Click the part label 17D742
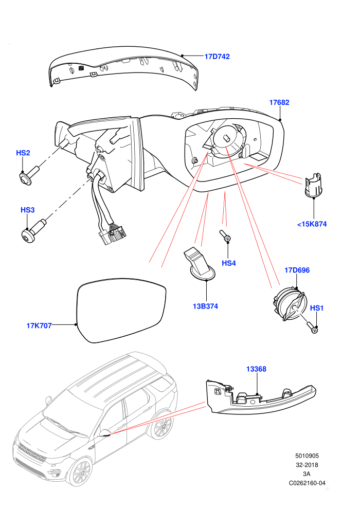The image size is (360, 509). point(217,57)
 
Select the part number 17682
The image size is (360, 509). point(279,102)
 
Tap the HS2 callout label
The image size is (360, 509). point(23,153)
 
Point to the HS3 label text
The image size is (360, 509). point(28,210)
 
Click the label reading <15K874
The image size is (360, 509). point(312,224)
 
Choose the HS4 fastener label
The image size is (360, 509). point(228,263)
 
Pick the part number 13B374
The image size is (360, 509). point(206,306)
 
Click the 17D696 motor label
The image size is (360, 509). point(297,270)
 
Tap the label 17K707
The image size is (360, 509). point(39,325)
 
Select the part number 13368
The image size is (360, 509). point(256,369)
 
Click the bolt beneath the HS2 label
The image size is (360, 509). point(29,175)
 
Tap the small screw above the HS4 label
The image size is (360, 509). point(225,235)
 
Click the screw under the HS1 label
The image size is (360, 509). point(312,327)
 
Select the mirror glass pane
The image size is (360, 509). point(121,310)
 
